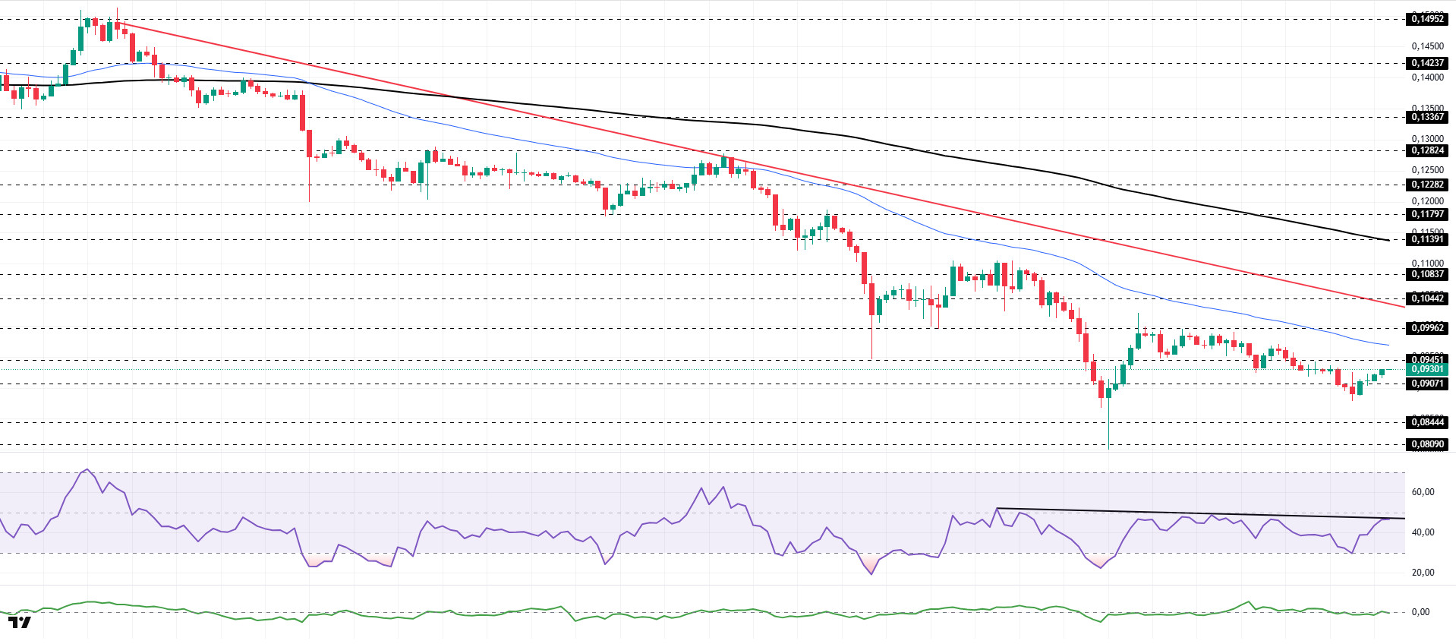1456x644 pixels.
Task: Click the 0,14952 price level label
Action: pos(1426,19)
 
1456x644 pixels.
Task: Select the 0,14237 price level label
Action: pos(1426,63)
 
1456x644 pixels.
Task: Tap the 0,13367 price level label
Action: pos(1426,117)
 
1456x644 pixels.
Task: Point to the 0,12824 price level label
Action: pos(1426,150)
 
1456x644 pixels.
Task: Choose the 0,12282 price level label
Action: pos(1426,185)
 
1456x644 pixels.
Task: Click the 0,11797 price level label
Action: pos(1426,214)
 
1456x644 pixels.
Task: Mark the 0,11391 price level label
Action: pos(1426,239)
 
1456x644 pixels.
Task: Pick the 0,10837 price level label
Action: pos(1426,274)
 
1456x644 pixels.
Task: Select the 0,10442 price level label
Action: pos(1426,298)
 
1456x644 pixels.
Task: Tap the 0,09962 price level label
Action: pos(1426,328)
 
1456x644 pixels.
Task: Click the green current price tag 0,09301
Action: pos(1426,369)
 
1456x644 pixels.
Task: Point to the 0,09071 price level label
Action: pos(1426,384)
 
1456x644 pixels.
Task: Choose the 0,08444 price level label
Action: pos(1426,422)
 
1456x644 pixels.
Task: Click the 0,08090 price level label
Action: pos(1426,444)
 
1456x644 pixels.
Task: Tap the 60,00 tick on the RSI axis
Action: pos(1423,492)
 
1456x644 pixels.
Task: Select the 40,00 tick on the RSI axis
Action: pos(1423,532)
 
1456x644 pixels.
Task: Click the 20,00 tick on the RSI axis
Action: pos(1423,573)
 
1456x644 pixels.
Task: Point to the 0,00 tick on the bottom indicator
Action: pos(1420,612)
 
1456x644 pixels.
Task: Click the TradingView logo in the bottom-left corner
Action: pos(20,623)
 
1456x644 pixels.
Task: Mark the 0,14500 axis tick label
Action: pos(1427,46)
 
